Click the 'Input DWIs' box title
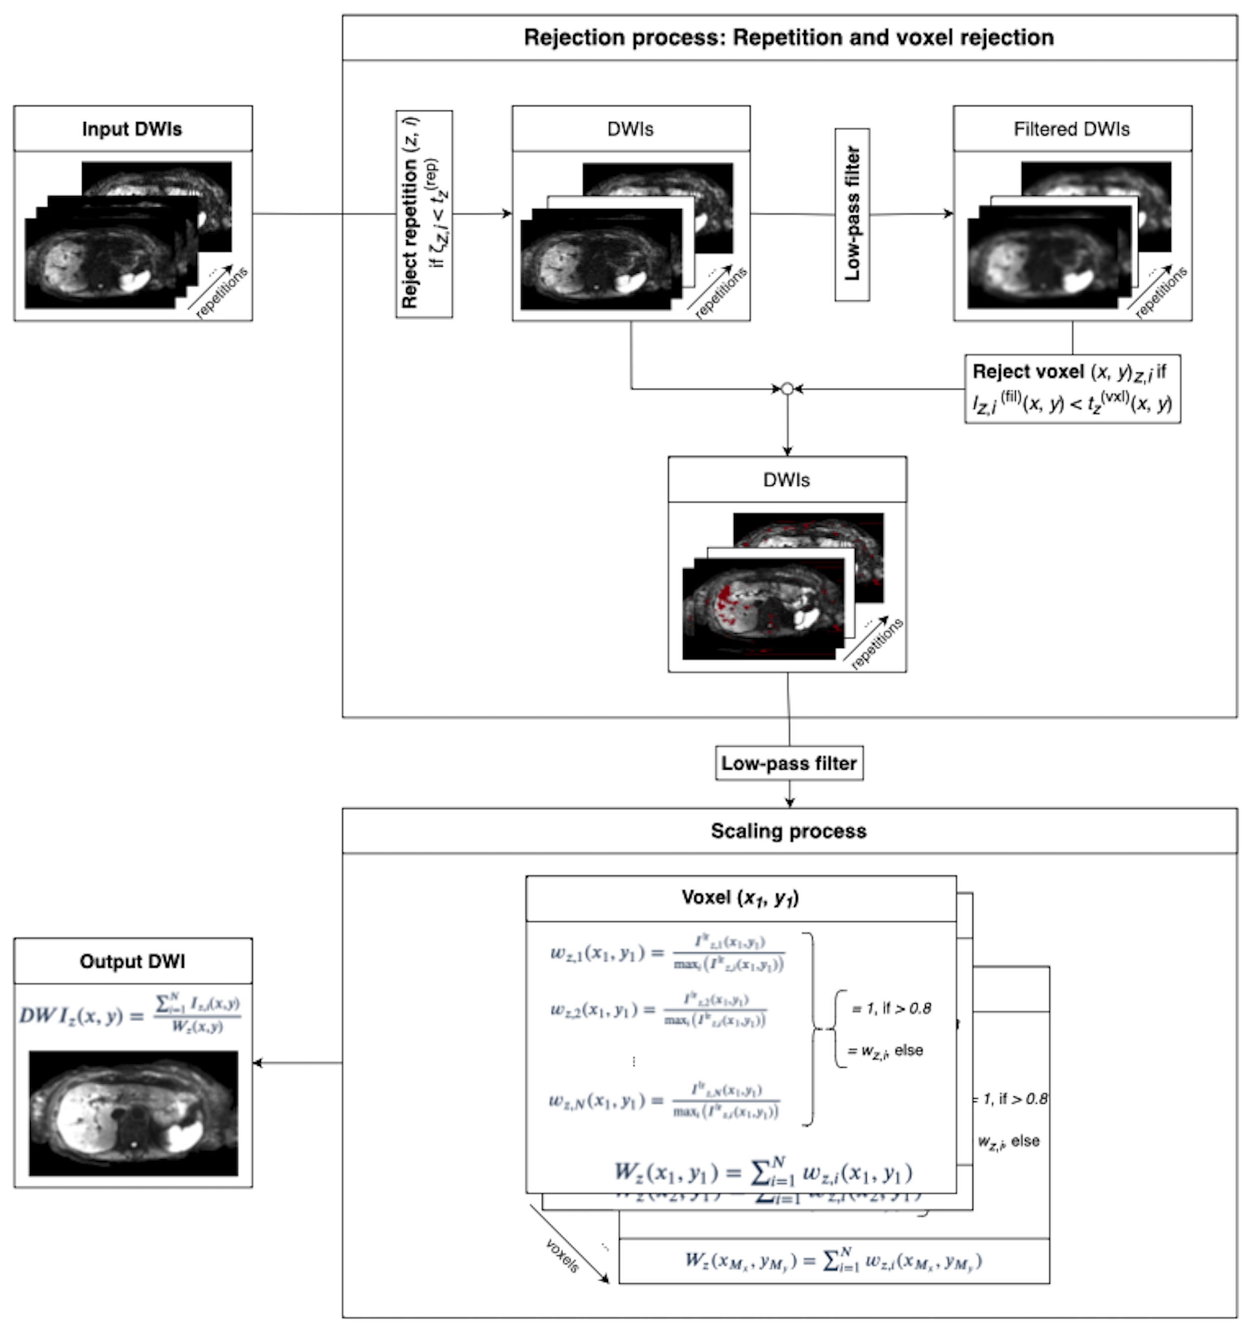132,129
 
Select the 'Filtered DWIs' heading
1071,129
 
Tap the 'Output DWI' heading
132,961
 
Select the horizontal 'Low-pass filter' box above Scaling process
789,763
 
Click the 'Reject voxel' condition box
1071,388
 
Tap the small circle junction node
787,388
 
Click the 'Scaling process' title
789,831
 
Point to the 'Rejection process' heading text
789,38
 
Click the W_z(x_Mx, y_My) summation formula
833,1261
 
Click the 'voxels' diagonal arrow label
561,1256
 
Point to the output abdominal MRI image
133,1113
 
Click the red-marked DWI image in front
758,613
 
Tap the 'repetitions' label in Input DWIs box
221,293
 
